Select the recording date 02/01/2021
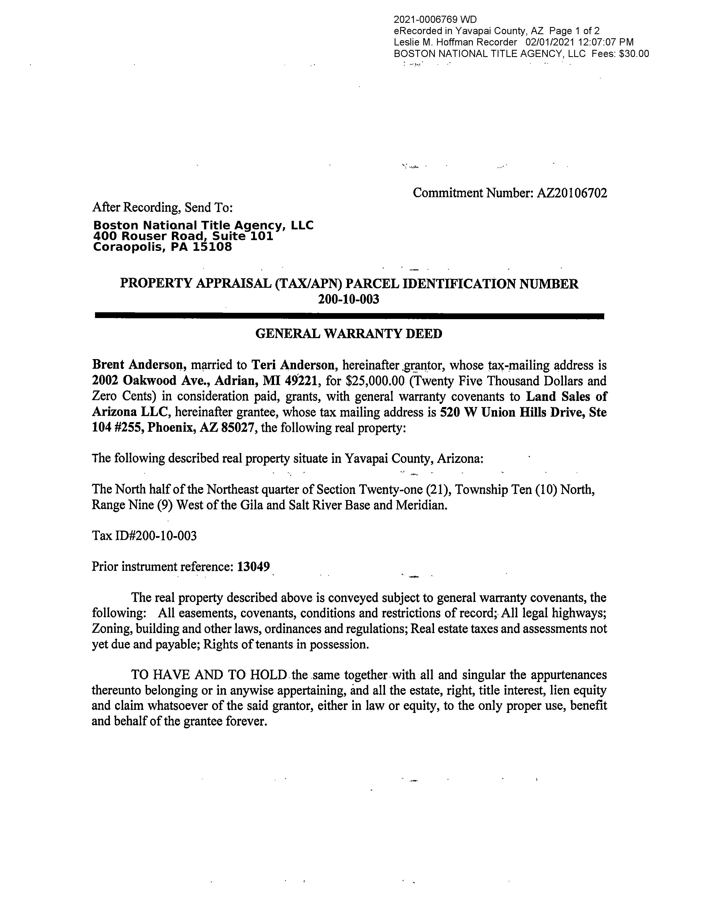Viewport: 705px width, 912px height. (550, 42)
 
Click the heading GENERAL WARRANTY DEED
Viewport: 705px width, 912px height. (348, 334)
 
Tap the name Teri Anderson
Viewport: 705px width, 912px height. (294, 365)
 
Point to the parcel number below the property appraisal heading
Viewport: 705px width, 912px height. (348, 299)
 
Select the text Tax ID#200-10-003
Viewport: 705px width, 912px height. (144, 536)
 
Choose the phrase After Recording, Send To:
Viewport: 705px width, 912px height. (162, 207)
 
